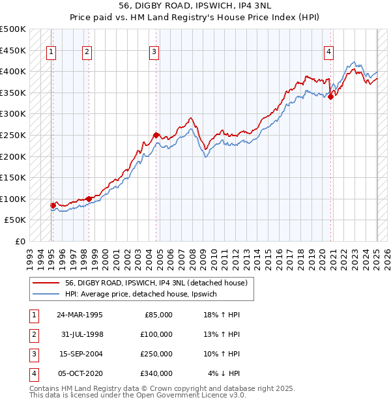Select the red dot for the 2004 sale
click(x=156, y=135)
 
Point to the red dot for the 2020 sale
click(x=330, y=97)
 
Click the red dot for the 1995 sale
click(x=53, y=205)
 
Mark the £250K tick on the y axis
click(x=14, y=135)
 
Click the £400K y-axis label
click(x=14, y=71)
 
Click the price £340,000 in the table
click(x=157, y=373)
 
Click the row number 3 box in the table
click(x=33, y=354)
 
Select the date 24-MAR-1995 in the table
click(x=80, y=315)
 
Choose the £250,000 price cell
click(x=157, y=354)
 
